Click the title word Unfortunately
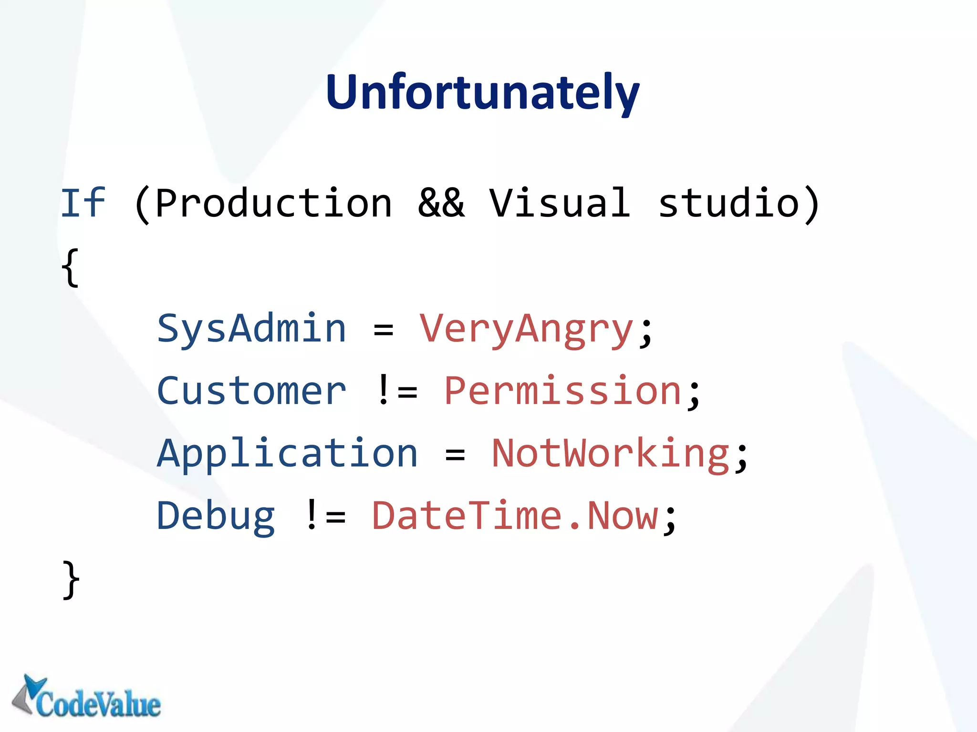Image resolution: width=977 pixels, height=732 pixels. (482, 92)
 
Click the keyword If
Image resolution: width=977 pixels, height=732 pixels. (83, 203)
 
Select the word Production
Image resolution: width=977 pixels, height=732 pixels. (273, 203)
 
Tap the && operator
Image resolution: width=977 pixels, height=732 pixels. (441, 203)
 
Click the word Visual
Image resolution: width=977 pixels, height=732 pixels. (560, 203)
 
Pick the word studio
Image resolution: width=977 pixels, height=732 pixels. (728, 203)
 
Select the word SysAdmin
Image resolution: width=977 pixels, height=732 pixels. (251, 329)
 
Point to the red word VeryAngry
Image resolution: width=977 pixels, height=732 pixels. (526, 329)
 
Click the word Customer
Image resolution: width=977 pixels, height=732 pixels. (251, 391)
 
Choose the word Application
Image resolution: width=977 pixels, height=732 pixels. (288, 454)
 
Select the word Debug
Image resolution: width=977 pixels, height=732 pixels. (216, 516)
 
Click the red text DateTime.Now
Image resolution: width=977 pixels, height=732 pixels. (515, 516)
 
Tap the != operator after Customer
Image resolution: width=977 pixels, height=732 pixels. (396, 391)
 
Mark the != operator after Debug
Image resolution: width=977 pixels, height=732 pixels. (325, 516)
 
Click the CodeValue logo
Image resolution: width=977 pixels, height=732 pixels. (86, 697)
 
